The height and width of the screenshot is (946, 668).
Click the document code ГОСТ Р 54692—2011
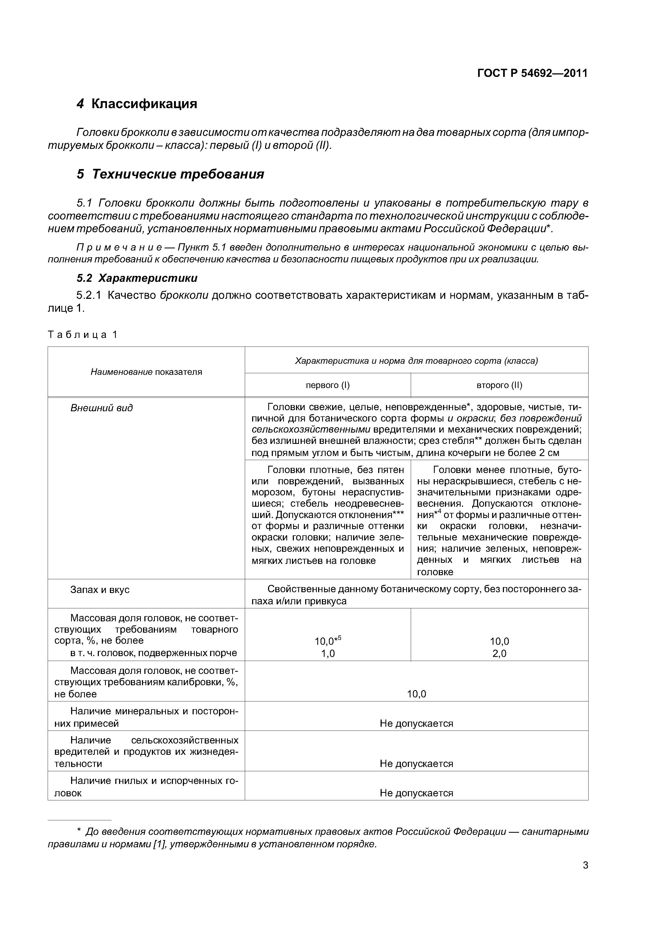coord(532,73)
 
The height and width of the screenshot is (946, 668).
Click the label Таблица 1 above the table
coord(83,335)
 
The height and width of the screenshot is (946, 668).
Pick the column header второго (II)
coord(499,385)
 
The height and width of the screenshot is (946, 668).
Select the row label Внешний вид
coord(101,408)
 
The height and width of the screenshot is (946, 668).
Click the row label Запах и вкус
coord(100,589)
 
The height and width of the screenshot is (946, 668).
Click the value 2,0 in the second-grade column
coord(499,653)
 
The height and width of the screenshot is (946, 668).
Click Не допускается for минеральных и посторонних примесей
coord(416,724)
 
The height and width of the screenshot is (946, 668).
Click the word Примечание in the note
coord(119,248)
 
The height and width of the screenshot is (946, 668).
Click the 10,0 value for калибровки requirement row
coord(416,694)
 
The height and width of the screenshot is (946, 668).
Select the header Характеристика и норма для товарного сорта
coord(416,361)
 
